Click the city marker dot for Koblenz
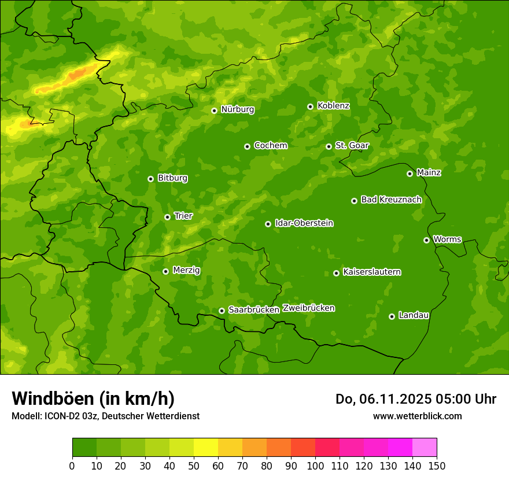310,106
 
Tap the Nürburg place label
238,109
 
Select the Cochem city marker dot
247,146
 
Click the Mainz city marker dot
410,173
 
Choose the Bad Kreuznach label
391,200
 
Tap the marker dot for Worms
426,240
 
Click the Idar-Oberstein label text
304,223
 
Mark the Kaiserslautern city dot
336,273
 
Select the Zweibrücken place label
308,308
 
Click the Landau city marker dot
392,316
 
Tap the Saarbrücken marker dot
222,311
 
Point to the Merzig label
186,271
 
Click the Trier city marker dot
167,217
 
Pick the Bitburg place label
172,178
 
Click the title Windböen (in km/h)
93,398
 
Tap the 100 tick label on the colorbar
315,466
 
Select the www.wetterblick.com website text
417,416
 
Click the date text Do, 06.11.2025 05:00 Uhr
415,399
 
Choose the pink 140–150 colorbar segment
425,448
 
